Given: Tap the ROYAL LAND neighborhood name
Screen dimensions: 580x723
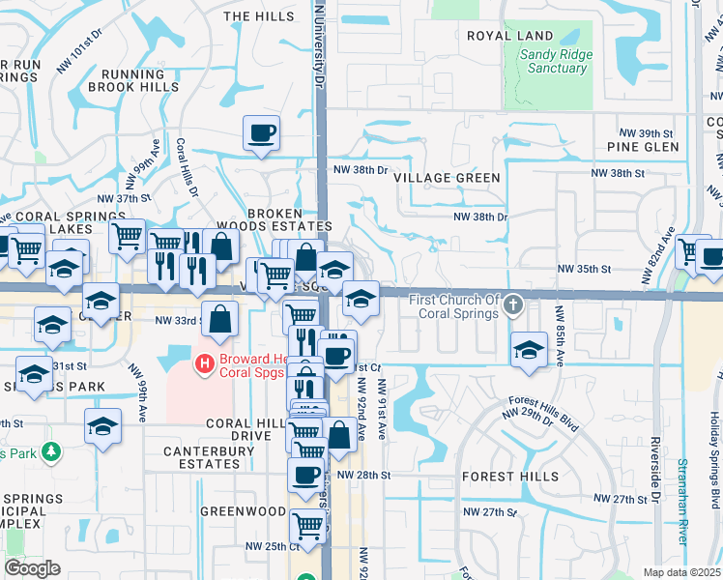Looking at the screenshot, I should click(x=509, y=36).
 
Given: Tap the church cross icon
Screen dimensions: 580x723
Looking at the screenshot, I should click(x=513, y=305).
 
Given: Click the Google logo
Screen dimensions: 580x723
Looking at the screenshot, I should click(x=32, y=568).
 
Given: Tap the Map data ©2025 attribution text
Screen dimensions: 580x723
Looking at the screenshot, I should click(x=681, y=572).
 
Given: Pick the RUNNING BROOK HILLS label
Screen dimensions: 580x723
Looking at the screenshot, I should click(x=133, y=80).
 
